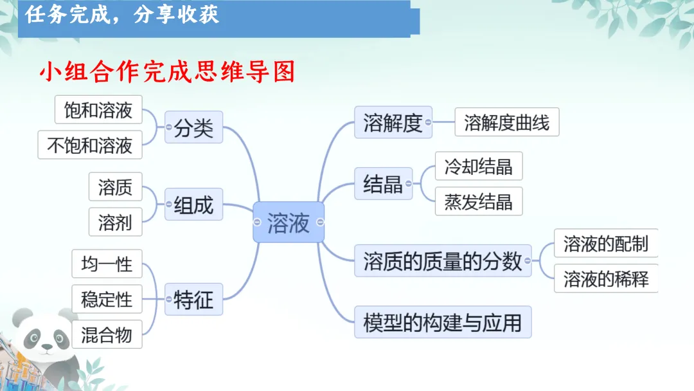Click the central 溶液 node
pyautogui.click(x=289, y=223)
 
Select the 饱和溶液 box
pyautogui.click(x=98, y=111)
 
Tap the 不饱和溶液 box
pyautogui.click(x=90, y=145)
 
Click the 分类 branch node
pyautogui.click(x=193, y=127)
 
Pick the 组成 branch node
pyautogui.click(x=193, y=205)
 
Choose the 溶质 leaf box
pyautogui.click(x=116, y=187)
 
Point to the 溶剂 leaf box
pyautogui.click(x=116, y=223)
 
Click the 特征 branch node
pyautogui.click(x=193, y=299)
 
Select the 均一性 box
pyautogui.click(x=107, y=264)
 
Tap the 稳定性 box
pyautogui.click(x=107, y=299)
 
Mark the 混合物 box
pyautogui.click(x=107, y=334)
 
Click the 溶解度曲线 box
pyautogui.click(x=507, y=122)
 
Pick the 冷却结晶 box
pyautogui.click(x=479, y=167)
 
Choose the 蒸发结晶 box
pyautogui.click(x=479, y=202)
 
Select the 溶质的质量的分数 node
pyautogui.click(x=443, y=260)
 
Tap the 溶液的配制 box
pyautogui.click(x=606, y=244)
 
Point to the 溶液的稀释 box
pyautogui.click(x=606, y=279)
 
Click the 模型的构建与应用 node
pyautogui.click(x=443, y=322)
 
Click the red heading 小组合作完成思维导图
pyautogui.click(x=167, y=72)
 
